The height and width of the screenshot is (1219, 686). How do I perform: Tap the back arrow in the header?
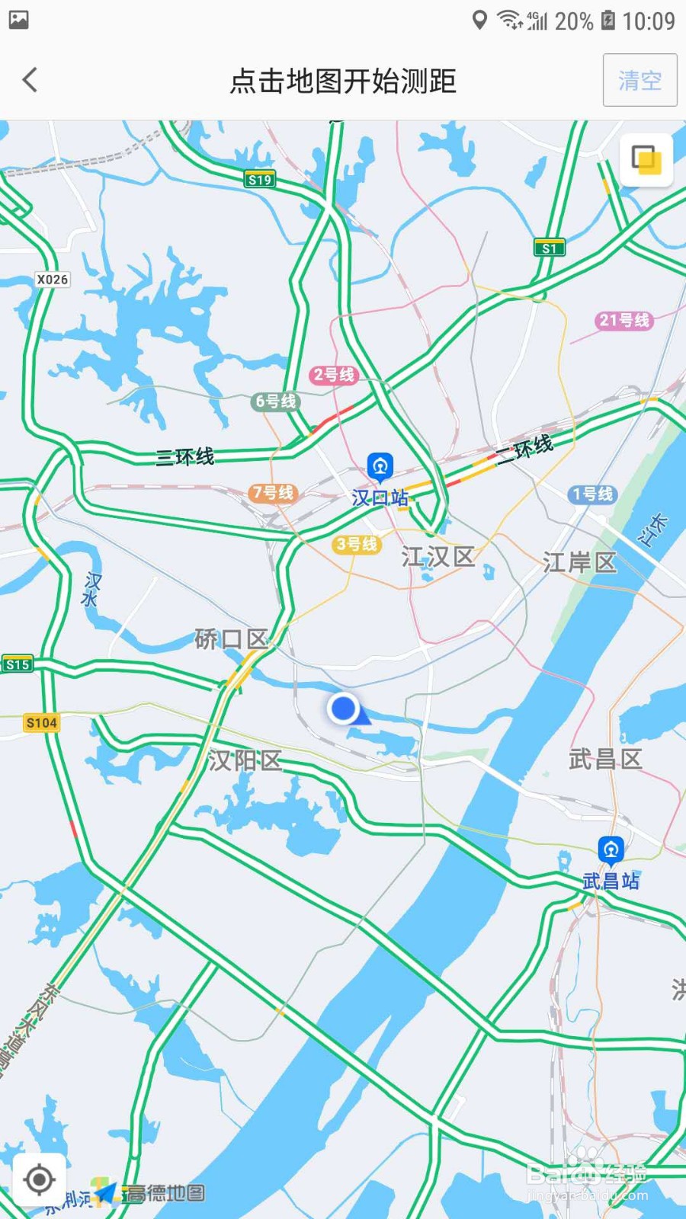(30, 80)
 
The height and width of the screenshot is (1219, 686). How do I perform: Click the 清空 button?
(640, 80)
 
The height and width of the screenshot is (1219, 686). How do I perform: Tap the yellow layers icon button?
(646, 160)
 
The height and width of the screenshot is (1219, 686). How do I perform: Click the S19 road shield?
(260, 180)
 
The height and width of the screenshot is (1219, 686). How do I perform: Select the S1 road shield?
(549, 248)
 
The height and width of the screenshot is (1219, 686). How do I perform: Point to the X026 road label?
(53, 280)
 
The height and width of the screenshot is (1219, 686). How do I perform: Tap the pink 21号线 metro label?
(623, 320)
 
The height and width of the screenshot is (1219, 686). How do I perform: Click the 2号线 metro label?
(334, 374)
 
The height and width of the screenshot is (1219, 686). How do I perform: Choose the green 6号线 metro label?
(275, 401)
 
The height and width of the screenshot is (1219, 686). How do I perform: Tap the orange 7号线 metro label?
(272, 493)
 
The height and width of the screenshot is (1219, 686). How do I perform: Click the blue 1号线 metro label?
(592, 494)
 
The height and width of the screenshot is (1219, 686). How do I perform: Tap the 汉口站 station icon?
(380, 466)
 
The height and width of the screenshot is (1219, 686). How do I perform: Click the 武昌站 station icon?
(611, 849)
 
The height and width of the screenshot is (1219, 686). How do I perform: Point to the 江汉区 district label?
(438, 557)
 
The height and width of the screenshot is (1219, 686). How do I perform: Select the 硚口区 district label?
(231, 638)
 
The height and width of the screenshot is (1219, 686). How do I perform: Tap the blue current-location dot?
(344, 708)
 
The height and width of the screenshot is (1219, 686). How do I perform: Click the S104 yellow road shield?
(41, 722)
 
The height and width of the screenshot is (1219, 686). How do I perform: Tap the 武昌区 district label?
(605, 759)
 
